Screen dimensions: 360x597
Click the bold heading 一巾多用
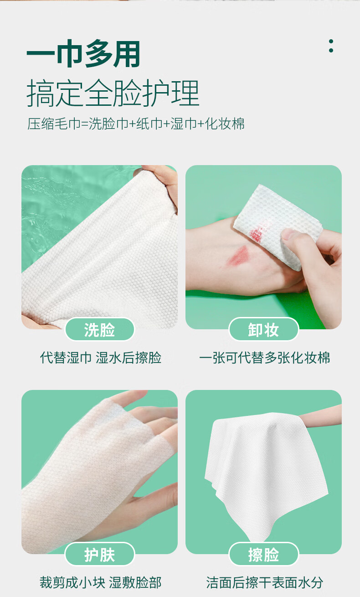tap(83, 54)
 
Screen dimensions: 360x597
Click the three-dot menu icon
tap(331, 46)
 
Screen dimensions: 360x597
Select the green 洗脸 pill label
tap(100, 329)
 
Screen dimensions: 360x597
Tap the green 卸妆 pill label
tap(263, 329)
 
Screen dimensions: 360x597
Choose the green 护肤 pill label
tap(100, 555)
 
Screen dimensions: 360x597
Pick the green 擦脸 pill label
tap(263, 555)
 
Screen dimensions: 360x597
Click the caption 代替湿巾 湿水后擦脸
tap(101, 358)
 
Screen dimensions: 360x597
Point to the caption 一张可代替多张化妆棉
tap(264, 358)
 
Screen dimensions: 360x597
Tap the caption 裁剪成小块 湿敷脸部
tap(101, 582)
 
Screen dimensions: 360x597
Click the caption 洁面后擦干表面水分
tap(265, 582)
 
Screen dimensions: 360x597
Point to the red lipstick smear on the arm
tap(237, 256)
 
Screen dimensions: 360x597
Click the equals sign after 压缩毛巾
tap(85, 124)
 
